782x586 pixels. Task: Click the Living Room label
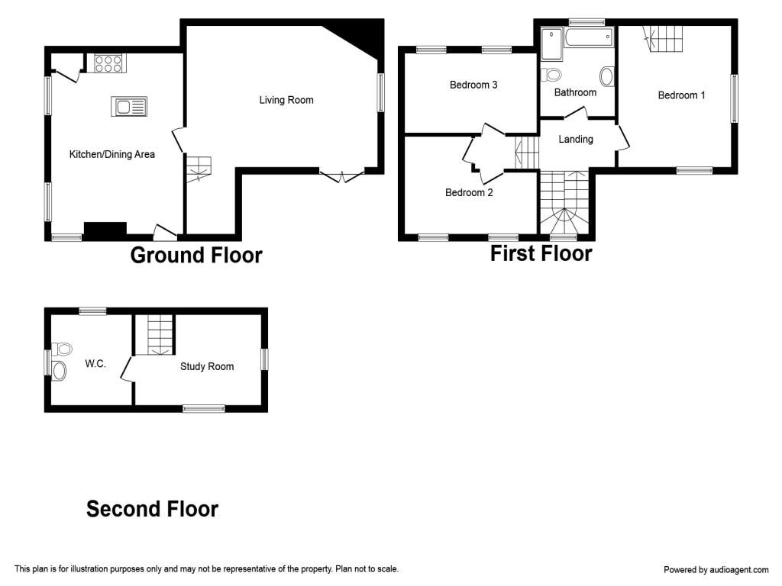(286, 100)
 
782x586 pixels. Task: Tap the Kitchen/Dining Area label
(112, 154)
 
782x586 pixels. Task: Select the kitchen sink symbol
(128, 107)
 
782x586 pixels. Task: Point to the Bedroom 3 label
(473, 85)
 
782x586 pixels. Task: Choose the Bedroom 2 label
(469, 192)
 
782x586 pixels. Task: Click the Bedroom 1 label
(682, 95)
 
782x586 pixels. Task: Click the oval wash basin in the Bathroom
(608, 76)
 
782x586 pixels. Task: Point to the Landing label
(576, 139)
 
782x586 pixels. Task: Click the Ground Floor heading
(196, 255)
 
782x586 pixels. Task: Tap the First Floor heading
(541, 253)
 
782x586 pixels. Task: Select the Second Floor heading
(152, 509)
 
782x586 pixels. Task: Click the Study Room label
(207, 366)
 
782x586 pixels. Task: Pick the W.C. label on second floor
(95, 364)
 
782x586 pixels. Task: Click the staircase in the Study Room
(160, 336)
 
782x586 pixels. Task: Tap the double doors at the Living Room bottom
(341, 176)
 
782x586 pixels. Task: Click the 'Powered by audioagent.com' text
(716, 569)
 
